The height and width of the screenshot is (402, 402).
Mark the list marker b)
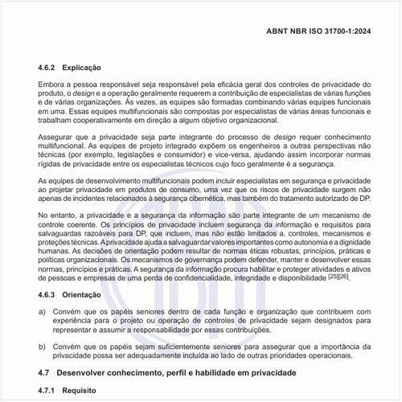pyautogui.click(x=42, y=347)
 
